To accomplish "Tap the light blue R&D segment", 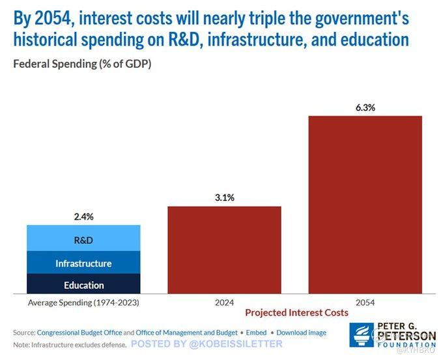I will click(x=83, y=240).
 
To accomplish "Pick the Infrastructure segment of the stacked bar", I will click(x=83, y=263).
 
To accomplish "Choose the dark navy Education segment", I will click(x=83, y=285).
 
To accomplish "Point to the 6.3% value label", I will click(x=365, y=108).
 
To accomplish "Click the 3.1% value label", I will click(x=224, y=198).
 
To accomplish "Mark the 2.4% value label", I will click(x=83, y=217).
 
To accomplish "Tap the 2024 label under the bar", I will click(x=224, y=303).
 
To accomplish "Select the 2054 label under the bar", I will click(x=365, y=303).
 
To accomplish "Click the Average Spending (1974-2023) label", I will click(x=83, y=303).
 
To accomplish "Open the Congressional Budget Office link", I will click(x=79, y=333).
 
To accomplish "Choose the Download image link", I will click(x=301, y=333).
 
